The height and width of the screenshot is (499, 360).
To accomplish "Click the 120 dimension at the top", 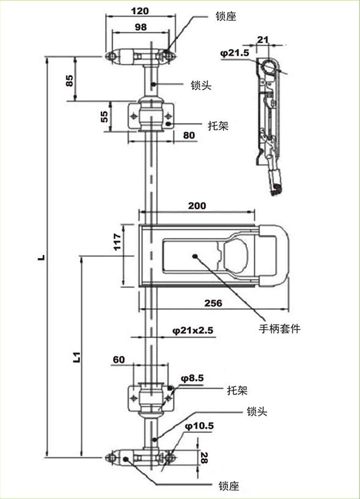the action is point(140,11).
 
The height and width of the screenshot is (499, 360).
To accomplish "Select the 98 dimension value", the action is point(141,27).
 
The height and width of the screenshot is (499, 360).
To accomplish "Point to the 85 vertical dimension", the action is point(69,80).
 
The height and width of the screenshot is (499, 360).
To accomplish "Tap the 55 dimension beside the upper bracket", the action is point(105,117).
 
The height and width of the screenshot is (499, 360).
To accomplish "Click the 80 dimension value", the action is point(189,135).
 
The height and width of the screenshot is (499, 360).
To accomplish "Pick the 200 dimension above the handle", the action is point(197,205).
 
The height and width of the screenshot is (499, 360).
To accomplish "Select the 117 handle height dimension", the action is point(117,242).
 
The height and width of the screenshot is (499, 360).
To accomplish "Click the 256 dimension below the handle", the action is point(213,303).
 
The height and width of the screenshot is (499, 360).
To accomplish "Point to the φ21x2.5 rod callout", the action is point(193,330).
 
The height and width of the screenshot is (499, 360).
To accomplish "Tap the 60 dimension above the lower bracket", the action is point(119,360).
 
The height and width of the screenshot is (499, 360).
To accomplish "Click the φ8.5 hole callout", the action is point(192,378).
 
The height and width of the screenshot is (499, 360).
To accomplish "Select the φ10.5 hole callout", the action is point(199,426).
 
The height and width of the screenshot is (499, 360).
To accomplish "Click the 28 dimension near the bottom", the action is point(204,458).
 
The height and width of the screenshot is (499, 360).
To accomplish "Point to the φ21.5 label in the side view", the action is point(235,53).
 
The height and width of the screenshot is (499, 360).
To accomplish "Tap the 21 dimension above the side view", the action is point(263,40).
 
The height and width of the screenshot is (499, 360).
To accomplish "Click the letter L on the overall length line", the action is point(42,257).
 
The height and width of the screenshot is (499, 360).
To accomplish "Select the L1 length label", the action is point(76,358).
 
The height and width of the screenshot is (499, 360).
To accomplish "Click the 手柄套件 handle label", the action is point(279,328).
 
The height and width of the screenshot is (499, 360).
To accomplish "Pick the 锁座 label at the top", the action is point(226,17).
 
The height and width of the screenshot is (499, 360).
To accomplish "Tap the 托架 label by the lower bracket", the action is point(237,390).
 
